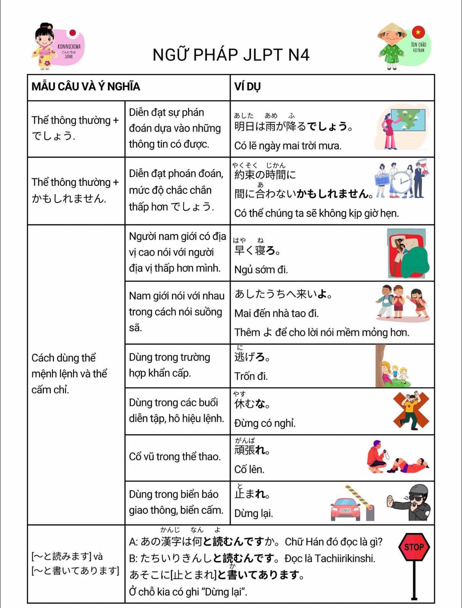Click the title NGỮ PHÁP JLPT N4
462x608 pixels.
(231, 55)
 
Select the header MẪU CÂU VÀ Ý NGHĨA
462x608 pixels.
(86, 87)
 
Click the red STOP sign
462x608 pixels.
(414, 547)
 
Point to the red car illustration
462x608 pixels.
(346, 508)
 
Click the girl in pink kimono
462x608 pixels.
(44, 46)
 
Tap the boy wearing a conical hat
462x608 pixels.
(392, 45)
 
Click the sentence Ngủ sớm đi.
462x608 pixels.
(261, 270)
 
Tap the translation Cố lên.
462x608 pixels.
(249, 469)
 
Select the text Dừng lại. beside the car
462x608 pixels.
(254, 513)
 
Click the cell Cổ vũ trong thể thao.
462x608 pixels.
(175, 457)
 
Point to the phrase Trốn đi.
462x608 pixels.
(251, 376)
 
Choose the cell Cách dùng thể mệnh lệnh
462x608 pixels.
(69, 373)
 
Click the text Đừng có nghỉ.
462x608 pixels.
(265, 423)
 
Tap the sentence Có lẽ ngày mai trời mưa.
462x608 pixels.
(288, 146)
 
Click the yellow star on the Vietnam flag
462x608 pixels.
(418, 32)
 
